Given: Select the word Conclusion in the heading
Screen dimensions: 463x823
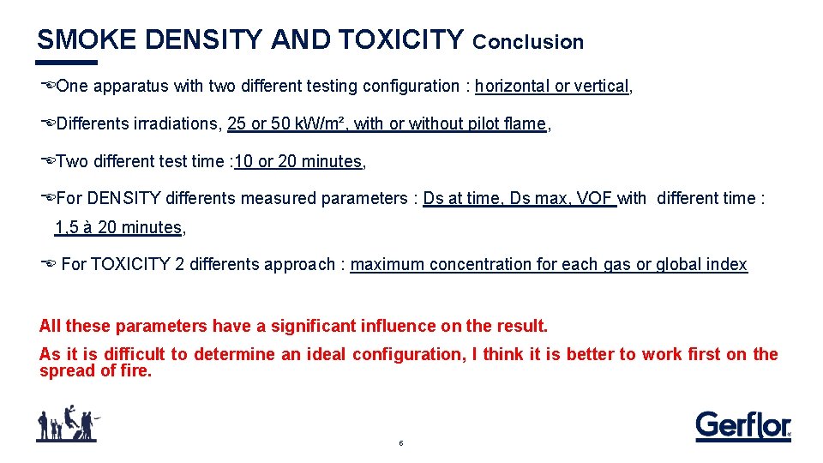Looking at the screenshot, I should point(528,42).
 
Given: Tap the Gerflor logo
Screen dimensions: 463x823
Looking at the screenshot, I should point(742,425).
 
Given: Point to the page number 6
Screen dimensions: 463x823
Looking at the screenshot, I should point(400,443).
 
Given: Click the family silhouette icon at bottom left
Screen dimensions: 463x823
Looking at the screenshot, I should point(67,424).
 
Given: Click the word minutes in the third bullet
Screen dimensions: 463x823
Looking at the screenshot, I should point(334,161).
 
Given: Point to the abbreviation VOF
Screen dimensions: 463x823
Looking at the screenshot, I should point(594,198).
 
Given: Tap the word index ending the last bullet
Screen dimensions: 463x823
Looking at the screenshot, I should point(727,264).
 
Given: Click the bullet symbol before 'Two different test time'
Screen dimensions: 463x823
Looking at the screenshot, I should point(48,160).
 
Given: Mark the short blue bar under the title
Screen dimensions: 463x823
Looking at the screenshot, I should point(67,63).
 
